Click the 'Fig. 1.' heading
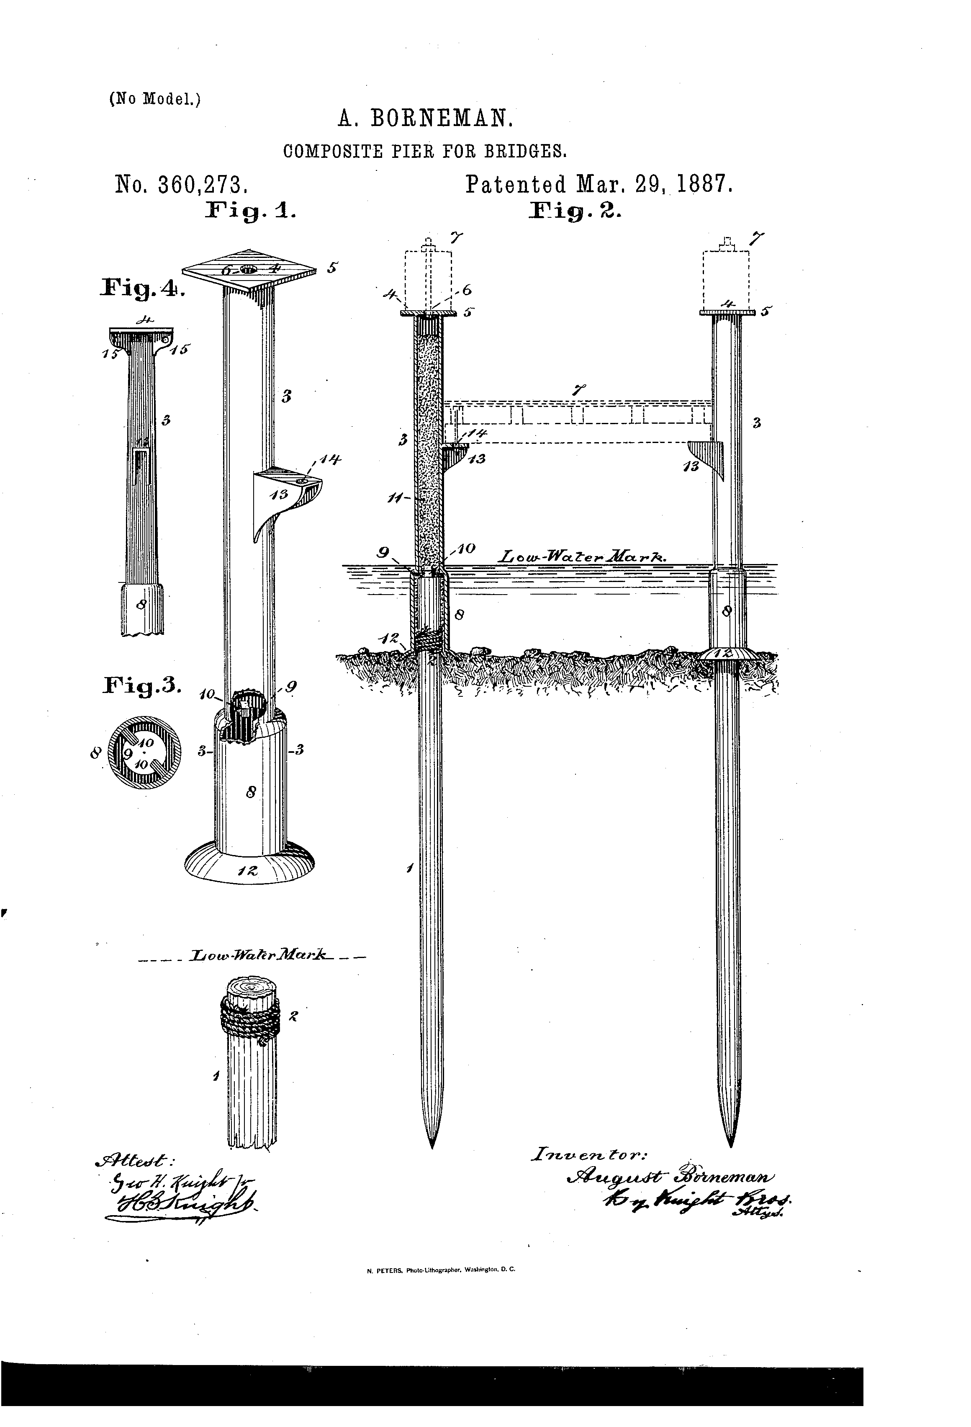pos(251,212)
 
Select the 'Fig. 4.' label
pos(142,288)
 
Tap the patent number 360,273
pos(203,185)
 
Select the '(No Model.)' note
pos(155,99)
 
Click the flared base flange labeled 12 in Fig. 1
pos(250,866)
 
